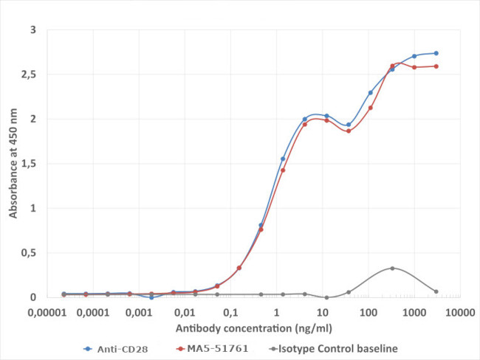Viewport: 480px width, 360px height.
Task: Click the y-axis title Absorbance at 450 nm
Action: point(13,164)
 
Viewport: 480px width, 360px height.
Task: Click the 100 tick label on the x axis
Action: point(368,311)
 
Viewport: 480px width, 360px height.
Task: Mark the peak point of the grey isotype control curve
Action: point(392,269)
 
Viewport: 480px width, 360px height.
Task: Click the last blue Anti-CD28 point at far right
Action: point(436,53)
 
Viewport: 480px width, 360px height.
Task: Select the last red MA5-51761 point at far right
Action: point(436,66)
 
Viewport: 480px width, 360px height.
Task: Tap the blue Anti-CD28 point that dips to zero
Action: point(151,297)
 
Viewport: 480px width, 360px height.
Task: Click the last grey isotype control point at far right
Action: point(436,291)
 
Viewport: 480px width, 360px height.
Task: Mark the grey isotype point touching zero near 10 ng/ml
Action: point(326,297)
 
